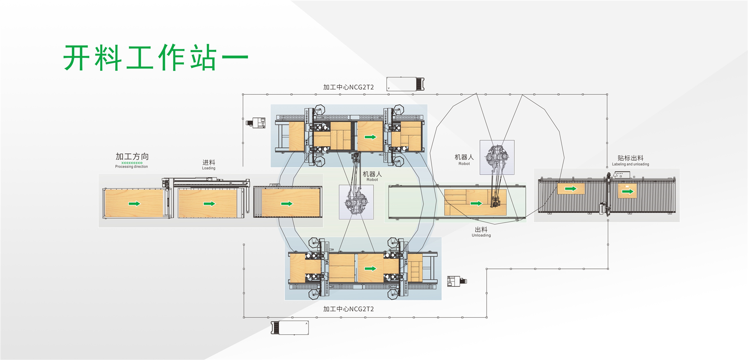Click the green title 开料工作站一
tap(156, 58)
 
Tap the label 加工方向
tap(132, 157)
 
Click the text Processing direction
tap(131, 167)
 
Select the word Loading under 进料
tap(208, 168)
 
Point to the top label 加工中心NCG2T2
tap(348, 87)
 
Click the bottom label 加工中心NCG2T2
tap(348, 309)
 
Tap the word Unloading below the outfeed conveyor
tap(481, 235)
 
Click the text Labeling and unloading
tap(630, 164)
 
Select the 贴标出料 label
tap(630, 158)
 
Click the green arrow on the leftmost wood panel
tap(134, 204)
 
